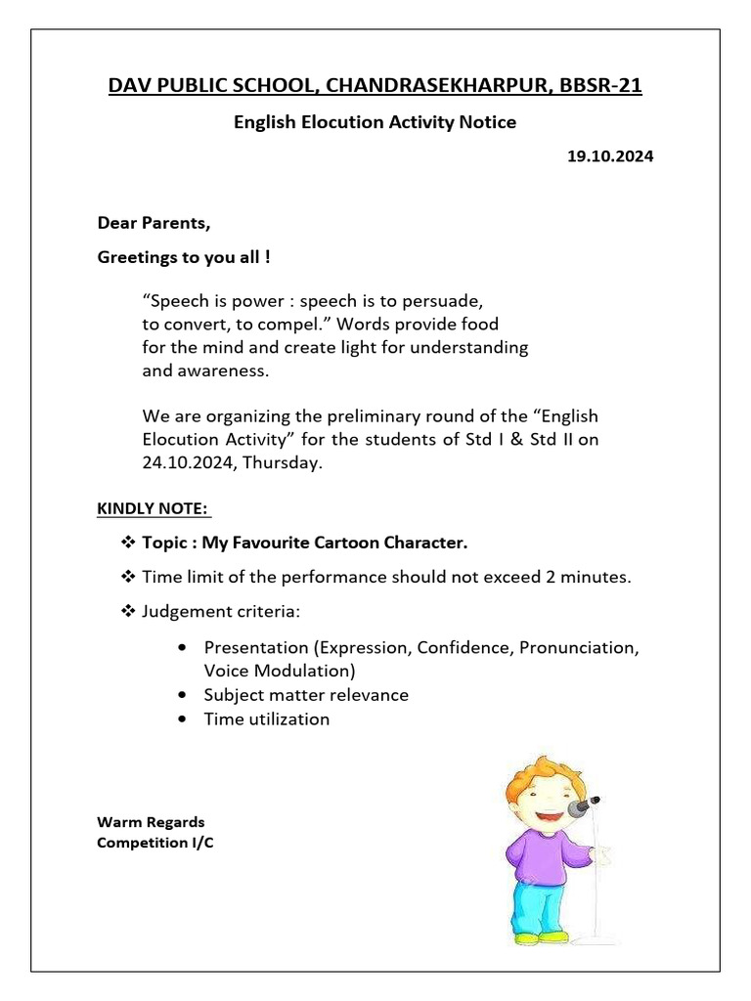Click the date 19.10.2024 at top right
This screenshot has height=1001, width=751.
click(609, 155)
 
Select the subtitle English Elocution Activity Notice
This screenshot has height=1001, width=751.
click(375, 122)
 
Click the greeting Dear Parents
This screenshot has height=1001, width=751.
click(154, 223)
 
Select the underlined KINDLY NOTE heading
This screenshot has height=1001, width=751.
click(152, 509)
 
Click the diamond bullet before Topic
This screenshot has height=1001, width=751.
click(127, 542)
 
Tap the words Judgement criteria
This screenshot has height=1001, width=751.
click(222, 612)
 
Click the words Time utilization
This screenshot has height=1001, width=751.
click(266, 719)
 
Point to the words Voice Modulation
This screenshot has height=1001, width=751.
click(279, 672)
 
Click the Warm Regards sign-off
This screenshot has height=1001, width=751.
click(151, 822)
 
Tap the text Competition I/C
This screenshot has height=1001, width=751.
click(155, 843)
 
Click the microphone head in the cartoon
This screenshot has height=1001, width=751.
click(589, 805)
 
